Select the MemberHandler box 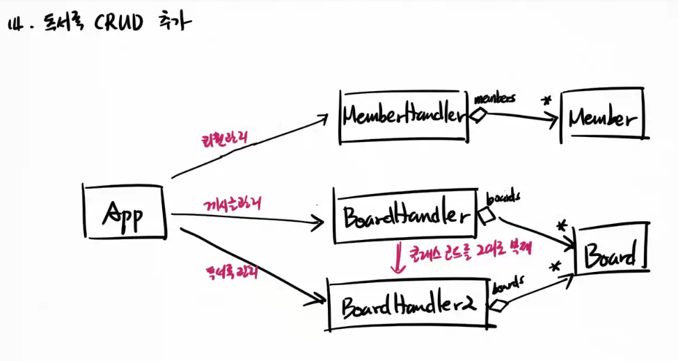[x=403, y=116]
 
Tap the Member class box [x=603, y=118]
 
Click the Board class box [x=610, y=256]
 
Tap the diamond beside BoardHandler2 [x=499, y=305]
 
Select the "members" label [x=494, y=99]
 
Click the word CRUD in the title [x=118, y=24]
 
